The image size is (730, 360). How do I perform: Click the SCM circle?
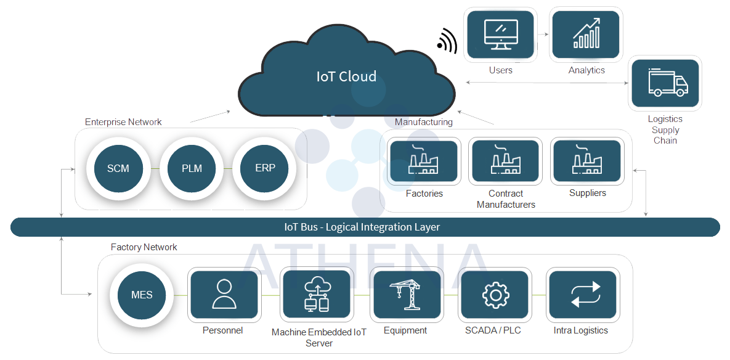point(118,168)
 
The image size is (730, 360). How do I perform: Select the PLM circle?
point(192,168)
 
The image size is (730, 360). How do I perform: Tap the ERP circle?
point(265,168)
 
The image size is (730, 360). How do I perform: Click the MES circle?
point(142,295)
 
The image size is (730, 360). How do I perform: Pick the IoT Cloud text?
point(346,76)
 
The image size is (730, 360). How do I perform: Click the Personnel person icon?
point(223,295)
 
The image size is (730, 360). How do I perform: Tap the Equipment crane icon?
point(406,295)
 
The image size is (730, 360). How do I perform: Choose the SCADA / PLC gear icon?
point(495,295)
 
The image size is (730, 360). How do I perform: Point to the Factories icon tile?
point(424,162)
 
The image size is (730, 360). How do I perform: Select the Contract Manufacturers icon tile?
point(505,162)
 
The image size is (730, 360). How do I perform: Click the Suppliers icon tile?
point(587,162)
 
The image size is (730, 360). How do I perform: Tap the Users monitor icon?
point(500,35)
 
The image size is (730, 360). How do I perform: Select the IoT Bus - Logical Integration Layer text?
point(362,227)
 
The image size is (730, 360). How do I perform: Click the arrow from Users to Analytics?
point(541,35)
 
